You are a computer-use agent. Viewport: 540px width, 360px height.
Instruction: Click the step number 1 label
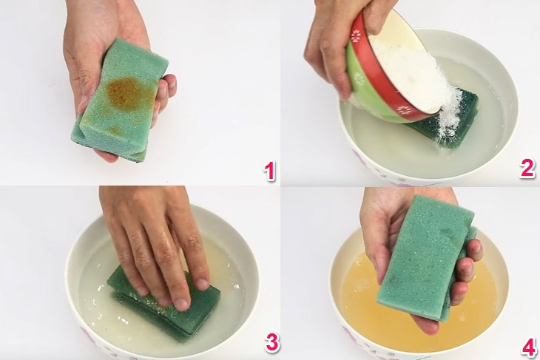click(269, 172)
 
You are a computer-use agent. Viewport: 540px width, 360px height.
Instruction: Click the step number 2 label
click(527, 168)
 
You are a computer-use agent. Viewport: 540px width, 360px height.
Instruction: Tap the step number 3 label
click(272, 343)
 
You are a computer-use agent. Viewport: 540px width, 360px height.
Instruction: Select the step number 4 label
click(528, 347)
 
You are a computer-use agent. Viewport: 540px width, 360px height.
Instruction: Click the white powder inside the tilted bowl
click(411, 70)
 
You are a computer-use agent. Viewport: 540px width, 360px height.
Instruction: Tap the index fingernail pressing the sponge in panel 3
click(182, 303)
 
